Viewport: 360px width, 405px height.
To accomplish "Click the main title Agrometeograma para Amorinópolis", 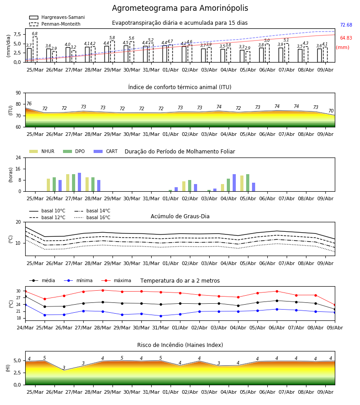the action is [180, 8].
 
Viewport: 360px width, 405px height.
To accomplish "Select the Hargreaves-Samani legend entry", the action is [57, 17].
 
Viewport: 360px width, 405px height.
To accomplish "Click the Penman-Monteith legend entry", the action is [55, 24].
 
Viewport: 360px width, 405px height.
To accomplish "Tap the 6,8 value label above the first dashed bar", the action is [35, 34].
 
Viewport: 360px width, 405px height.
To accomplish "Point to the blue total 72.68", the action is [346, 25].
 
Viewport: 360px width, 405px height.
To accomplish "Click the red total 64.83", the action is [346, 38].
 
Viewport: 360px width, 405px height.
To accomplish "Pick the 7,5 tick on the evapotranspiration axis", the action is [17, 34].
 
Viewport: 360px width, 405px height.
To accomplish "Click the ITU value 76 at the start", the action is [29, 103].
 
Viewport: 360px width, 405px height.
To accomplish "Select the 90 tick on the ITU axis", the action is [18, 93].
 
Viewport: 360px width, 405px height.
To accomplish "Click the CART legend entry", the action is [105, 151].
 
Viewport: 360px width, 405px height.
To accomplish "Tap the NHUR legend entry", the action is [42, 151].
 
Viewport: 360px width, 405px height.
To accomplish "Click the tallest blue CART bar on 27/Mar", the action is [80, 182].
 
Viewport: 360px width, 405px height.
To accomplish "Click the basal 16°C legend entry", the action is [92, 217].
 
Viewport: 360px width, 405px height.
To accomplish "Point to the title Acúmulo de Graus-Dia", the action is [180, 216].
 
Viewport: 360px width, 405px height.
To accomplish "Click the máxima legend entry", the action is [116, 280].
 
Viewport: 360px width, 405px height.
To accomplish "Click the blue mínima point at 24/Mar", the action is [25, 305].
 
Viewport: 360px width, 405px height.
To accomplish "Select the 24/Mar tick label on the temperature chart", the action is [25, 328].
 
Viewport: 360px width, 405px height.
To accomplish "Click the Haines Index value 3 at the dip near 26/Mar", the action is [64, 368].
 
